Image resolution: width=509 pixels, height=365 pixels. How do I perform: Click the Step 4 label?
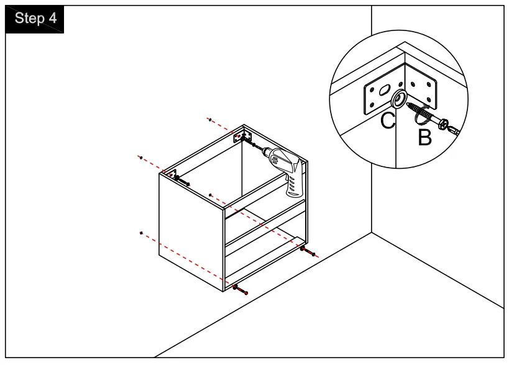[x=35, y=18]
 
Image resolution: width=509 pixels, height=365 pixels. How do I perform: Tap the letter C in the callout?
[x=388, y=120]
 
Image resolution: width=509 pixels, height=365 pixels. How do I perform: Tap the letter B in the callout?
[x=424, y=137]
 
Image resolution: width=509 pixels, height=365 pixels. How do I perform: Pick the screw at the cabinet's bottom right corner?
[x=308, y=251]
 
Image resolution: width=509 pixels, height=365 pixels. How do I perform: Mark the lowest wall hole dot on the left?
[x=142, y=233]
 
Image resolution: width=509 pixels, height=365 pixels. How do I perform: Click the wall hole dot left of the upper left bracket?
[x=142, y=158]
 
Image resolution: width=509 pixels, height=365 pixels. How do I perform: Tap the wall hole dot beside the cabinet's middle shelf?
[x=211, y=195]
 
